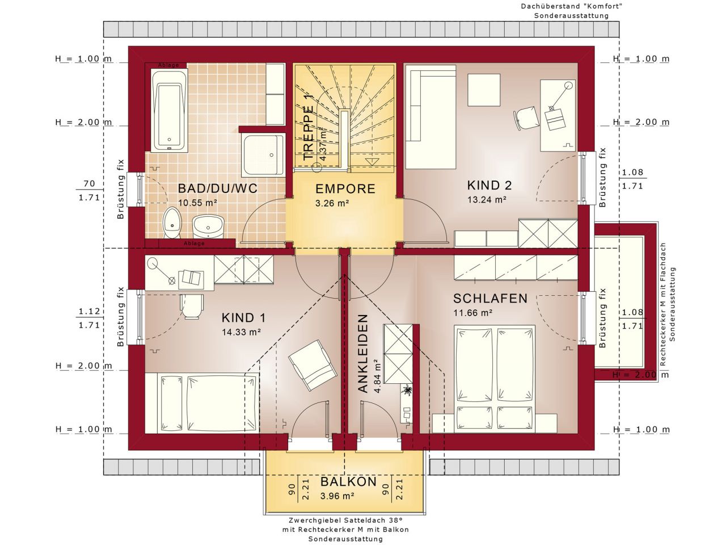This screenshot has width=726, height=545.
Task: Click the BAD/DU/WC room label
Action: (x=218, y=188)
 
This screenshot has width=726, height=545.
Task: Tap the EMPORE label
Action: (x=345, y=189)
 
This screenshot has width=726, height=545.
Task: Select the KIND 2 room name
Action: (x=489, y=185)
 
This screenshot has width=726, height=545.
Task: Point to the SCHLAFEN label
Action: (x=490, y=299)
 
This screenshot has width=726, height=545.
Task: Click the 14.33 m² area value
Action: (x=241, y=332)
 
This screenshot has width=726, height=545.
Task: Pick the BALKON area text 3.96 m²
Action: (x=337, y=496)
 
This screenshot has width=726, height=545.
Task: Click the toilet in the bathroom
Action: (x=172, y=223)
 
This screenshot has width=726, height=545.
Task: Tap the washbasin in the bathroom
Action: (x=208, y=226)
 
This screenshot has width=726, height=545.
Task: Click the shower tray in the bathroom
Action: (x=263, y=155)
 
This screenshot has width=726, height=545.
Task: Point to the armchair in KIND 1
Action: (x=313, y=365)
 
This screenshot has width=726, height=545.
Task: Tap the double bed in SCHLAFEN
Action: (x=495, y=378)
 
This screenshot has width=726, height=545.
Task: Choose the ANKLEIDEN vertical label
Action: (x=363, y=353)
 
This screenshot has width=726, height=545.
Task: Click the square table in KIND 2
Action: (x=484, y=90)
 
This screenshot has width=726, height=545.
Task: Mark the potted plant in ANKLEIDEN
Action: (x=407, y=391)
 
